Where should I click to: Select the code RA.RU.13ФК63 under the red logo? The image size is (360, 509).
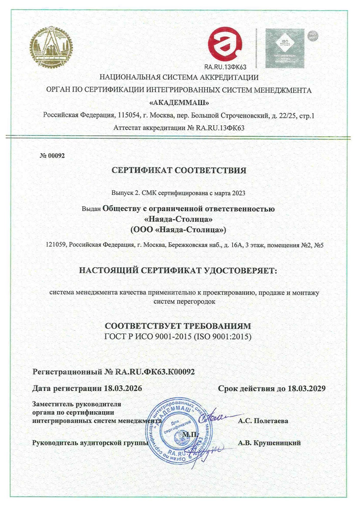point(225,67)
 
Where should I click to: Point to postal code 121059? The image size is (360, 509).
point(56,245)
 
